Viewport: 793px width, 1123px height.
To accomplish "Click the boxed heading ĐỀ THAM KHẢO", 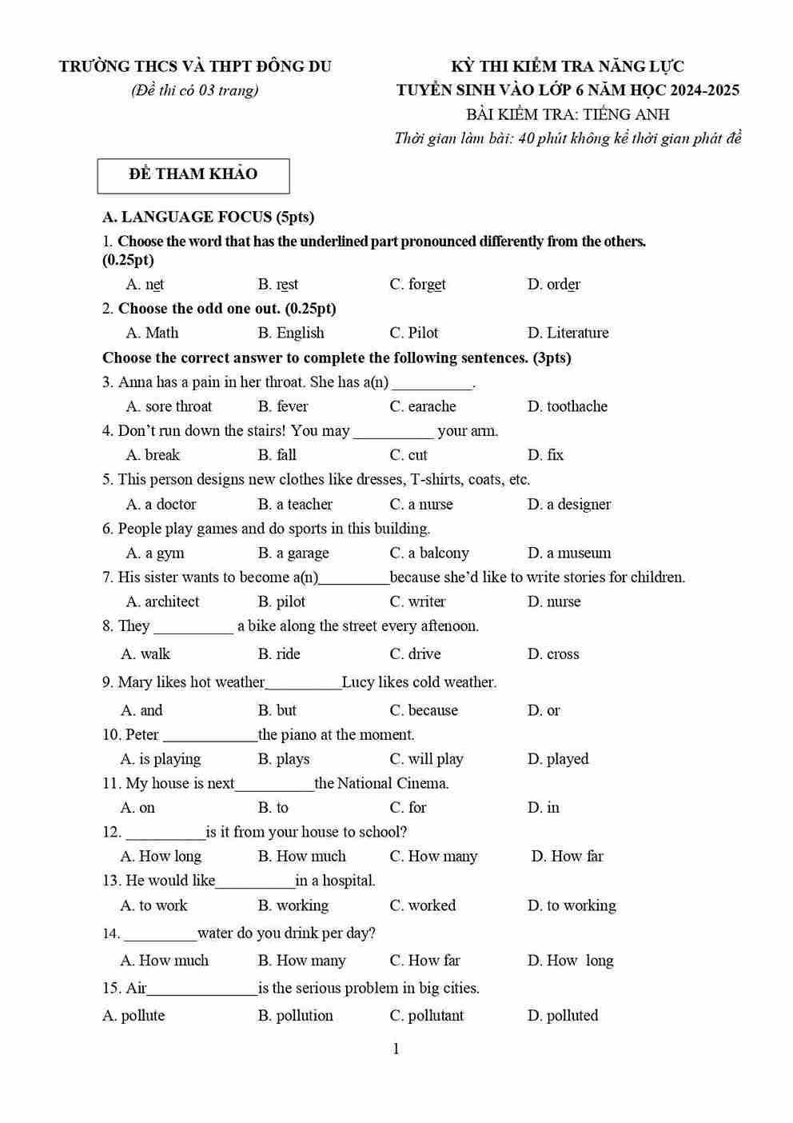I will tap(193, 174).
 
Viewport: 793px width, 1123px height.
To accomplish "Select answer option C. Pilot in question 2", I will tap(413, 333).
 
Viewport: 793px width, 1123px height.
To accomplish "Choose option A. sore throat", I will tap(169, 406).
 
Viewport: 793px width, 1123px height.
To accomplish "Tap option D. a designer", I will tap(568, 504).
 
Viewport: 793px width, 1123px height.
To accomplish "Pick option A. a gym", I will tap(155, 553).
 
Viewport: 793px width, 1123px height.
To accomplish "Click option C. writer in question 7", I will tap(417, 601).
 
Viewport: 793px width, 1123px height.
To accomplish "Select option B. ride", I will tap(279, 653).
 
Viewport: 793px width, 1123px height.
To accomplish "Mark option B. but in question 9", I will tap(277, 710).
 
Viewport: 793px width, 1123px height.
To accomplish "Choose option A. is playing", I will tap(161, 759).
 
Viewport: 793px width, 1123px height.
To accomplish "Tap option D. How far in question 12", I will tap(567, 856).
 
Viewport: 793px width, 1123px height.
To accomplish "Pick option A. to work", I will tap(153, 905).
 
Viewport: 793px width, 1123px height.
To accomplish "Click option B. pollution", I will tap(295, 1015).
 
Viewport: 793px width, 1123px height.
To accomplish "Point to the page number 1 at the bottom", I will tap(396, 1049).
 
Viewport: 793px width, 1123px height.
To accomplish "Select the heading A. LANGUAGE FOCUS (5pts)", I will tap(208, 217).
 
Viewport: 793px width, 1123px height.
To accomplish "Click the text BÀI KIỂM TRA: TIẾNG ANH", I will tap(568, 114).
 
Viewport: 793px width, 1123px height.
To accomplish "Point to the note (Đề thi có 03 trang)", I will tap(194, 90).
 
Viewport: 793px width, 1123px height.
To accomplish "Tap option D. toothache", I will tap(567, 406).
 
